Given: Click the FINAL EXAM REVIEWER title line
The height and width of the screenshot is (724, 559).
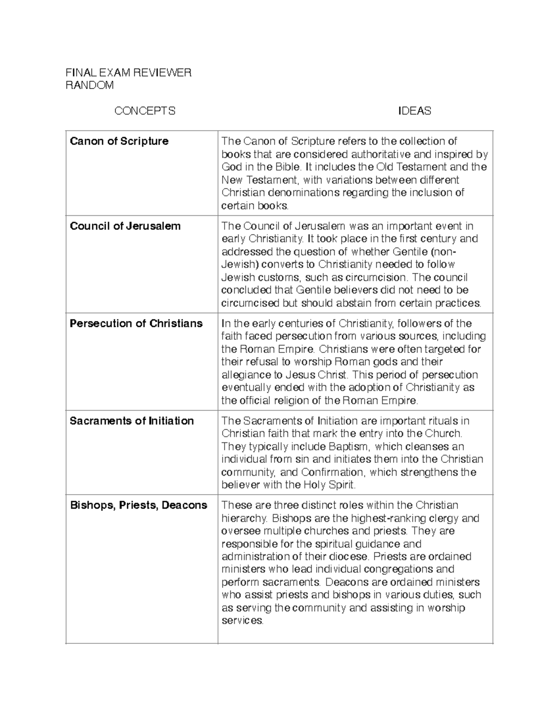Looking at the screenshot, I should [128, 73].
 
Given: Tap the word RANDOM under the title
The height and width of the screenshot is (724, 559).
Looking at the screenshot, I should [89, 85].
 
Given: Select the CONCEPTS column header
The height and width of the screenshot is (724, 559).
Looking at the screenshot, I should [145, 111].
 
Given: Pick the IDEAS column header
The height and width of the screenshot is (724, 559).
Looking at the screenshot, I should [414, 111].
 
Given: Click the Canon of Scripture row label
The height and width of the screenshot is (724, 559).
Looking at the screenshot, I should [119, 141].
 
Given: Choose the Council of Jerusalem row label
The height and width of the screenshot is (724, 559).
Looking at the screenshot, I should [125, 226].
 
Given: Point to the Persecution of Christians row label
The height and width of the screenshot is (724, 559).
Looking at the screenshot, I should [136, 324].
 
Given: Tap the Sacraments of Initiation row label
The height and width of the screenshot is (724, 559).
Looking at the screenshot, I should [131, 421].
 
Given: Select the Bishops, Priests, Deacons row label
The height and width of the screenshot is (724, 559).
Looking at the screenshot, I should [138, 505].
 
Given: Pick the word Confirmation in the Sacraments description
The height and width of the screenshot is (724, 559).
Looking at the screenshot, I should [332, 472].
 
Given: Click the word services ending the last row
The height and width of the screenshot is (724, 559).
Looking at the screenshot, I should [242, 621].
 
